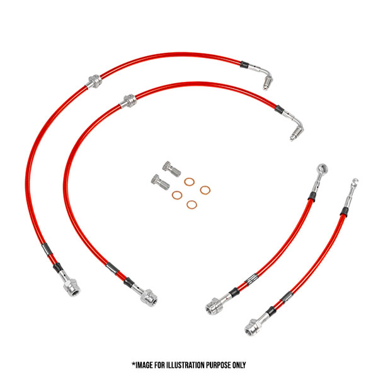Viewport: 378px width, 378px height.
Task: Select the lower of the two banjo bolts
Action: [158, 182]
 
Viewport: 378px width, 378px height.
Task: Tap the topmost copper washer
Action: [189, 181]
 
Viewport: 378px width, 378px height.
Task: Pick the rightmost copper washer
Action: [205, 190]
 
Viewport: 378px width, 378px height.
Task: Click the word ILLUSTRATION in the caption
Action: [186, 365]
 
